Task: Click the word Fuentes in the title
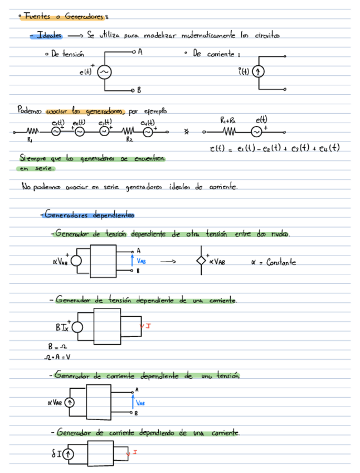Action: pyautogui.click(x=36, y=17)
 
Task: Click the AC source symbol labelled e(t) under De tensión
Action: pyautogui.click(x=103, y=72)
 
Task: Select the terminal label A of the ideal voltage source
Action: pyautogui.click(x=139, y=52)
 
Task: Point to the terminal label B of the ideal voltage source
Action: pyautogui.click(x=139, y=89)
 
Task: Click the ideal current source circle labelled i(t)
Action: pyautogui.click(x=258, y=72)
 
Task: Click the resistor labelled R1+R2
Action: pyautogui.click(x=230, y=132)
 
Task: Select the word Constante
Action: pyautogui.click(x=281, y=262)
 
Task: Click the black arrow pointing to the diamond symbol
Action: pyautogui.click(x=168, y=261)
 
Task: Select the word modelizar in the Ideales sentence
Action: pyautogui.click(x=162, y=36)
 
